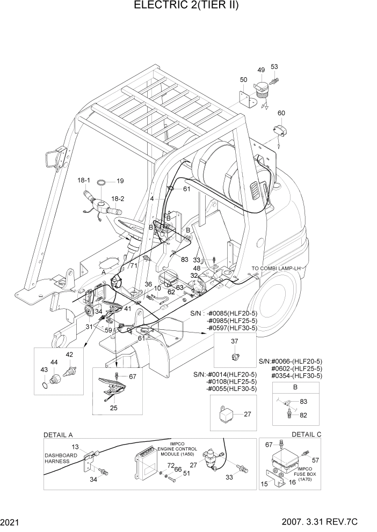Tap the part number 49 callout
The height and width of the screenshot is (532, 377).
261,70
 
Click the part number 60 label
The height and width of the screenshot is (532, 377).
281,113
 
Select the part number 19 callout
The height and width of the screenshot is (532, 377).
120,181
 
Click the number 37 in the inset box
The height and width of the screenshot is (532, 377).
234,341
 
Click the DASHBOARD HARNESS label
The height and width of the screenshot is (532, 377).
61,459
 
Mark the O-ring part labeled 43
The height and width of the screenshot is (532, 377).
44,385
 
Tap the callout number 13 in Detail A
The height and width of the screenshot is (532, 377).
76,447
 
